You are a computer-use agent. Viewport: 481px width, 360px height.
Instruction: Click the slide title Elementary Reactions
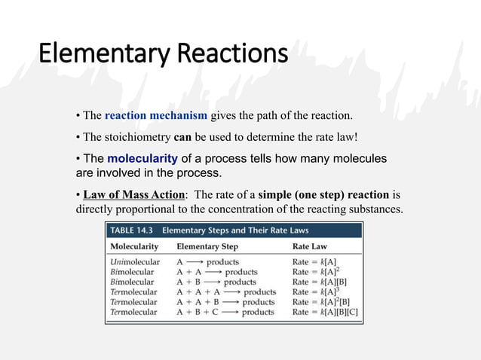[x=163, y=54]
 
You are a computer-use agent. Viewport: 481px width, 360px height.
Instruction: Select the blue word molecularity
[x=142, y=159]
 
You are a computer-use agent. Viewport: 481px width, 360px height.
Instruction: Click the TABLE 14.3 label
[x=132, y=230]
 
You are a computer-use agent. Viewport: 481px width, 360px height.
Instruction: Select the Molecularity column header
[x=135, y=246]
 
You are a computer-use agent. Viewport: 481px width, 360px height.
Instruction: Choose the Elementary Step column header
[x=207, y=246]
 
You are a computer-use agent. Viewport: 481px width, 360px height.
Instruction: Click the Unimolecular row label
[x=135, y=262]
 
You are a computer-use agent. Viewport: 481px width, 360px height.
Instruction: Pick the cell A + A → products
[x=217, y=272]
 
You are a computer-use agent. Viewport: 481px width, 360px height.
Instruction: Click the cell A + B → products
[x=216, y=282]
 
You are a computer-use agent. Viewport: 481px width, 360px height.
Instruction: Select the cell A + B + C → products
[x=226, y=311]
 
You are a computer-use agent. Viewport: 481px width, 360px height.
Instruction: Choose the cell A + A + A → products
[x=226, y=291]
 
